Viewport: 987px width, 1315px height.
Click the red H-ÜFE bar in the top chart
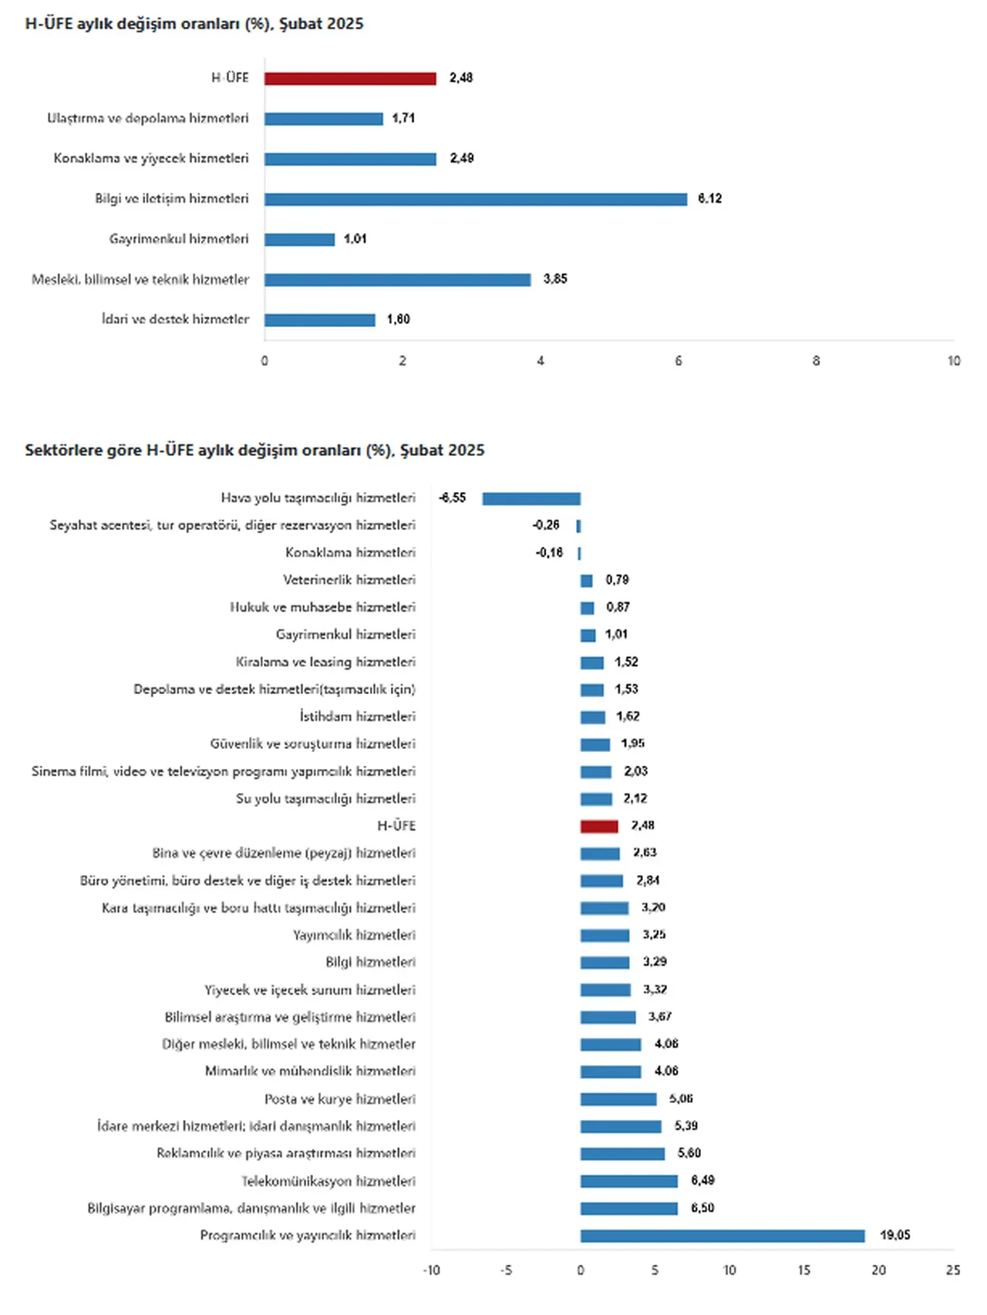[x=350, y=79]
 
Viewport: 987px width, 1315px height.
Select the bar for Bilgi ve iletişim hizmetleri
[x=475, y=199]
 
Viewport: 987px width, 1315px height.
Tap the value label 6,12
[x=709, y=199]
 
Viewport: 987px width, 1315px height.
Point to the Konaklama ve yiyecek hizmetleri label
[x=151, y=159]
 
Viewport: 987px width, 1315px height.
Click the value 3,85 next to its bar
[x=555, y=279]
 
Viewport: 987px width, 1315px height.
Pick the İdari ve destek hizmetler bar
[x=319, y=320]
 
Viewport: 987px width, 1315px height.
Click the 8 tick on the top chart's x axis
[x=816, y=361]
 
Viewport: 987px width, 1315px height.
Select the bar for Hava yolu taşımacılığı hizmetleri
[x=531, y=499]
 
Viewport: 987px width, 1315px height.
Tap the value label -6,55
[x=453, y=498]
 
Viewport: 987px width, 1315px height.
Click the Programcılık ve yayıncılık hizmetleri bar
[x=723, y=1236]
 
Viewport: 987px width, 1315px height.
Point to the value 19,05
[x=894, y=1236]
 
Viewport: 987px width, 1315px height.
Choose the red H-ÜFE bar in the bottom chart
[x=599, y=827]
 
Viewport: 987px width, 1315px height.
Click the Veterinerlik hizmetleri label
[x=349, y=580]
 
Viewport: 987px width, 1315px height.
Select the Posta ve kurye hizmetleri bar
[x=618, y=1099]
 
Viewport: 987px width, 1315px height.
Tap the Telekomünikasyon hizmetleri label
[x=328, y=1182]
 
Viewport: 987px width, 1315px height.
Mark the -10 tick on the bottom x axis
[x=431, y=1270]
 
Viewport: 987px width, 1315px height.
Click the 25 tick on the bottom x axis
[x=953, y=1270]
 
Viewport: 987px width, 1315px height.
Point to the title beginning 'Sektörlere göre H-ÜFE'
[x=254, y=450]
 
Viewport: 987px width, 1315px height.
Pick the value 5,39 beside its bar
[x=686, y=1126]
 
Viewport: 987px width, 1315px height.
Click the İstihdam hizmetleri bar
[x=592, y=717]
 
